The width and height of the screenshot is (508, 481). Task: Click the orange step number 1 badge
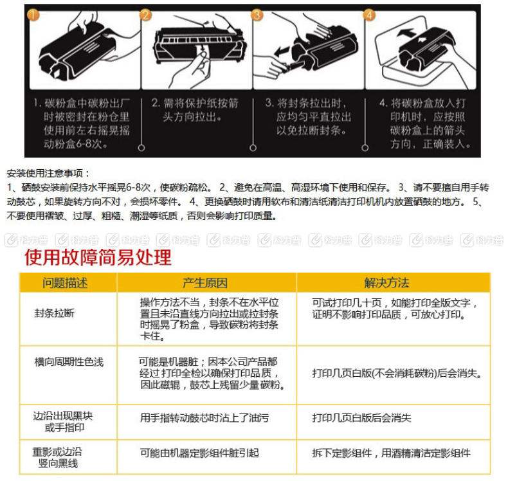pyautogui.click(x=33, y=15)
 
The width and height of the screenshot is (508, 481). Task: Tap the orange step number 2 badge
pyautogui.click(x=146, y=15)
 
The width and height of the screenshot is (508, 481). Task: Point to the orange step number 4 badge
pyautogui.click(x=369, y=15)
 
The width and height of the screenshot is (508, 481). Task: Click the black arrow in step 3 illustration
pyautogui.click(x=281, y=50)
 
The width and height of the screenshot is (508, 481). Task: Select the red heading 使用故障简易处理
pyautogui.click(x=98, y=258)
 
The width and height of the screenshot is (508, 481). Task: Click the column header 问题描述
pyautogui.click(x=65, y=283)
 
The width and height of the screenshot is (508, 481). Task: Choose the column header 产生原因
pyautogui.click(x=205, y=283)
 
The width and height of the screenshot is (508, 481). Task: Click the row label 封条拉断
pyautogui.click(x=54, y=313)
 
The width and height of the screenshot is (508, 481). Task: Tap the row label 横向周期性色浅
pyautogui.click(x=68, y=362)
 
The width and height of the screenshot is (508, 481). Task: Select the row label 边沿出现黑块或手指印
pyautogui.click(x=63, y=422)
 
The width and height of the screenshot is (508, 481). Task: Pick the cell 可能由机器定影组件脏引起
pyautogui.click(x=200, y=453)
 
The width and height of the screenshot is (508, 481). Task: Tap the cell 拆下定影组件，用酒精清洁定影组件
pyautogui.click(x=391, y=453)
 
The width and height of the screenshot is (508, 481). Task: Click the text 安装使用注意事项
pyautogui.click(x=48, y=173)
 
